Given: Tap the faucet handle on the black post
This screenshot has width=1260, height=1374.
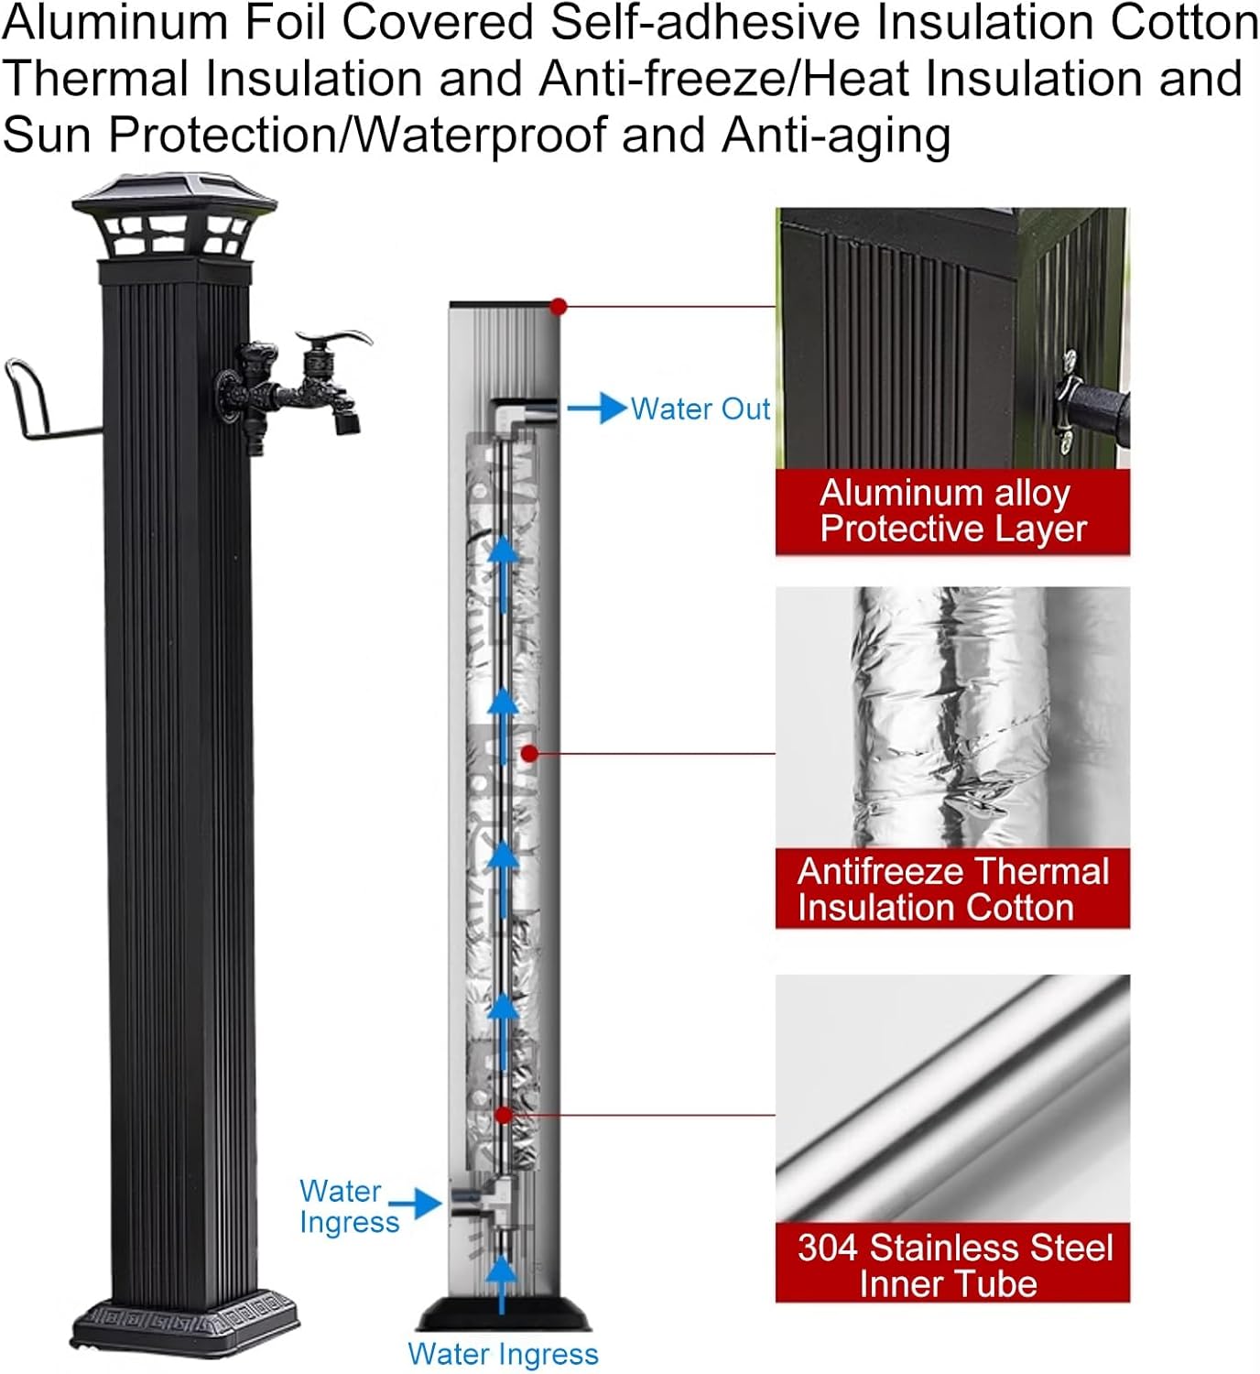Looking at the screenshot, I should coord(341,340).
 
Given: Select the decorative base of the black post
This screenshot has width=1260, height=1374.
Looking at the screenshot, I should coord(186,1323).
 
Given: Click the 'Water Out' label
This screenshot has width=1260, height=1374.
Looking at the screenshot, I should coord(701,409).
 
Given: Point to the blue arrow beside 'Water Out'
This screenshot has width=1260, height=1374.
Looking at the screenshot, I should coord(596,408).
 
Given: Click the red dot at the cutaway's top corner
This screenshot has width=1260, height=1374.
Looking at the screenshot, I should coord(559,307).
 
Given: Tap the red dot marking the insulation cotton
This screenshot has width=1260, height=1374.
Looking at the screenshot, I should coord(528,754).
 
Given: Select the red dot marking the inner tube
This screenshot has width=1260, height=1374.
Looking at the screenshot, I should coord(503,1115).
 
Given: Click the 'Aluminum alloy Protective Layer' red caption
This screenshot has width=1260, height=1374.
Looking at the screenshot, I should coord(952,511).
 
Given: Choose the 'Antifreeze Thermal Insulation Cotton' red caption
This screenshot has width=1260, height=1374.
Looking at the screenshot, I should coord(952,889).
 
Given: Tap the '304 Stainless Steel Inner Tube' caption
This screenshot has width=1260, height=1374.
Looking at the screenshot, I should coord(952,1265).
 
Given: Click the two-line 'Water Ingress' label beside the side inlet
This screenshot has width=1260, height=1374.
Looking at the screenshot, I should coord(348,1206).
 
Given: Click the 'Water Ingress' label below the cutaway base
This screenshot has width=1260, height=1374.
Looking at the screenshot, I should coord(503,1354).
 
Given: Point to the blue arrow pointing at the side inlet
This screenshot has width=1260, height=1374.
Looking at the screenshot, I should coord(416,1203).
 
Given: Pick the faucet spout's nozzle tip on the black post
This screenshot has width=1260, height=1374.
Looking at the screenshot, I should coord(348,423).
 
